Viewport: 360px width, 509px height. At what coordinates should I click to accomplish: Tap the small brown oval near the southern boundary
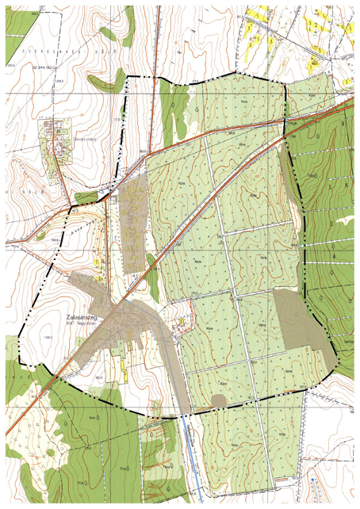[x=218, y=400]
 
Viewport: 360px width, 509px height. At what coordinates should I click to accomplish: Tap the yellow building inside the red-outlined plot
[x=182, y=321]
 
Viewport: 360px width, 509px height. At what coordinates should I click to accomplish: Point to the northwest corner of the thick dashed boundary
[x=127, y=77]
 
